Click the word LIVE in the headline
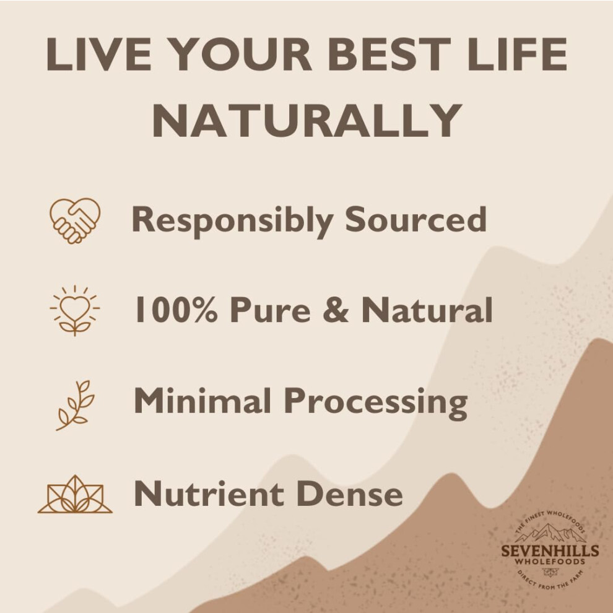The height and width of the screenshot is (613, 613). point(99,54)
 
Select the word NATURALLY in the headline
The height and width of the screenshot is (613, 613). point(307,120)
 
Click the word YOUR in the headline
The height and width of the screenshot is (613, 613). point(241,54)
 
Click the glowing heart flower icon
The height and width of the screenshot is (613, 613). point(75,310)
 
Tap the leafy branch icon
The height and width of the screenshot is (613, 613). point(76,405)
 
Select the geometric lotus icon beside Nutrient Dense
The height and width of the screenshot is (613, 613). point(75,494)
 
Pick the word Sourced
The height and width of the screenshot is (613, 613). point(415,219)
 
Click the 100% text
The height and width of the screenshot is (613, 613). point(176,309)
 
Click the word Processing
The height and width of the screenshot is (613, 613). point(376,404)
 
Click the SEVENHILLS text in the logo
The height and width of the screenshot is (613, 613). point(550,551)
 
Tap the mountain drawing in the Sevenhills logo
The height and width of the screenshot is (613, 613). point(550,533)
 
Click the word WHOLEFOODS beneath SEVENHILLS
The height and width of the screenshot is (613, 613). point(550,562)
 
